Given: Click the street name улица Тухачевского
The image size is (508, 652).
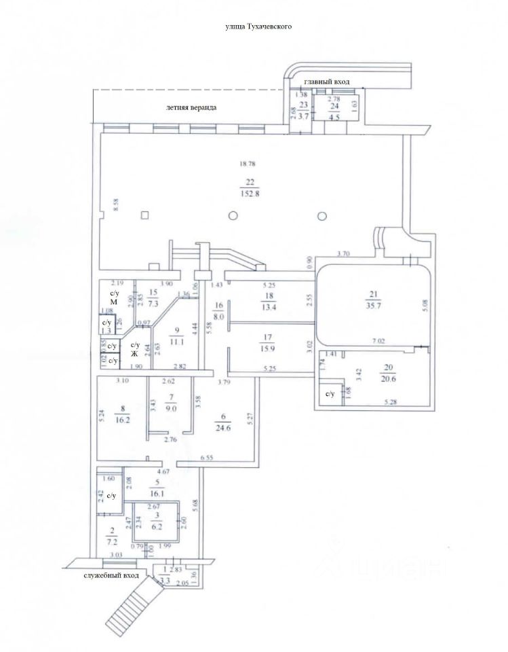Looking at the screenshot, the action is click(x=258, y=26).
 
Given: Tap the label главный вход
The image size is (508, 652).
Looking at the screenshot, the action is click(x=326, y=81).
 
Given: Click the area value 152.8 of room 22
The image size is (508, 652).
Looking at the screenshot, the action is click(x=251, y=194).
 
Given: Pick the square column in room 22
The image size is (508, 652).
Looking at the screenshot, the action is click(x=144, y=216).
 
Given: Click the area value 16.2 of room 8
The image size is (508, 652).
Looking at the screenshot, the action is click(x=123, y=420).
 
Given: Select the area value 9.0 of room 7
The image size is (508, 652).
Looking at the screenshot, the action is click(x=172, y=408).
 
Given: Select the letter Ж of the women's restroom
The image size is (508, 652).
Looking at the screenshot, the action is click(x=134, y=353).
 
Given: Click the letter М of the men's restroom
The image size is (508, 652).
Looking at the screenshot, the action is click(x=114, y=301).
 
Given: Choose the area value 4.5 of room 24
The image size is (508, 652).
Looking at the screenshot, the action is click(x=334, y=116).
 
